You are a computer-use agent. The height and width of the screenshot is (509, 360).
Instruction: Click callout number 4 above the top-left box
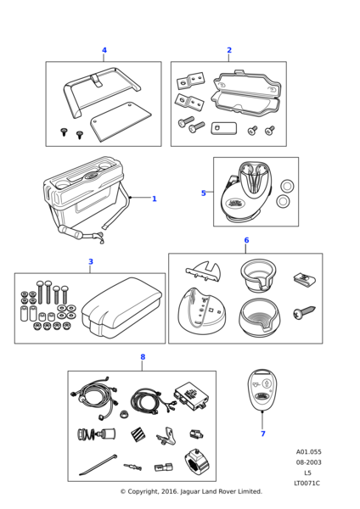[104, 50]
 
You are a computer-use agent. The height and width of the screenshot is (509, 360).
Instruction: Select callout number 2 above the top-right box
[229, 50]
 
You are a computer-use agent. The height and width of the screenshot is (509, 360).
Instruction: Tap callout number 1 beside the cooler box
[155, 199]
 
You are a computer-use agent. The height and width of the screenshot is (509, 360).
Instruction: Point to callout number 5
[204, 193]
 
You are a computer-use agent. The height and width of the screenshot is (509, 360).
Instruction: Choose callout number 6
[246, 240]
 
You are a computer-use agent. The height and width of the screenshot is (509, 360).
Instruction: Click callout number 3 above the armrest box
[91, 261]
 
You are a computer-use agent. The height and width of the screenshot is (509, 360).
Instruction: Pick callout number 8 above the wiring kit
[143, 357]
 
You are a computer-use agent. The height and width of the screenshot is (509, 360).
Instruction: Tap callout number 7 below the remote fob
[263, 433]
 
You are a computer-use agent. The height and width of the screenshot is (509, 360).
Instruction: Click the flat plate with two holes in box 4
[121, 121]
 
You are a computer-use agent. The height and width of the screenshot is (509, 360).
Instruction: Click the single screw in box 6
[304, 312]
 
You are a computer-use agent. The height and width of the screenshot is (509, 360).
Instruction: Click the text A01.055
[308, 452]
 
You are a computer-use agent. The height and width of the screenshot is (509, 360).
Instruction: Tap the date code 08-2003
[308, 462]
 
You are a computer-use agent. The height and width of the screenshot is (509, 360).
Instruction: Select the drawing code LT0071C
[307, 483]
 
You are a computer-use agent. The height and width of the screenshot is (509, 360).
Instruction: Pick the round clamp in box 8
[197, 461]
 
